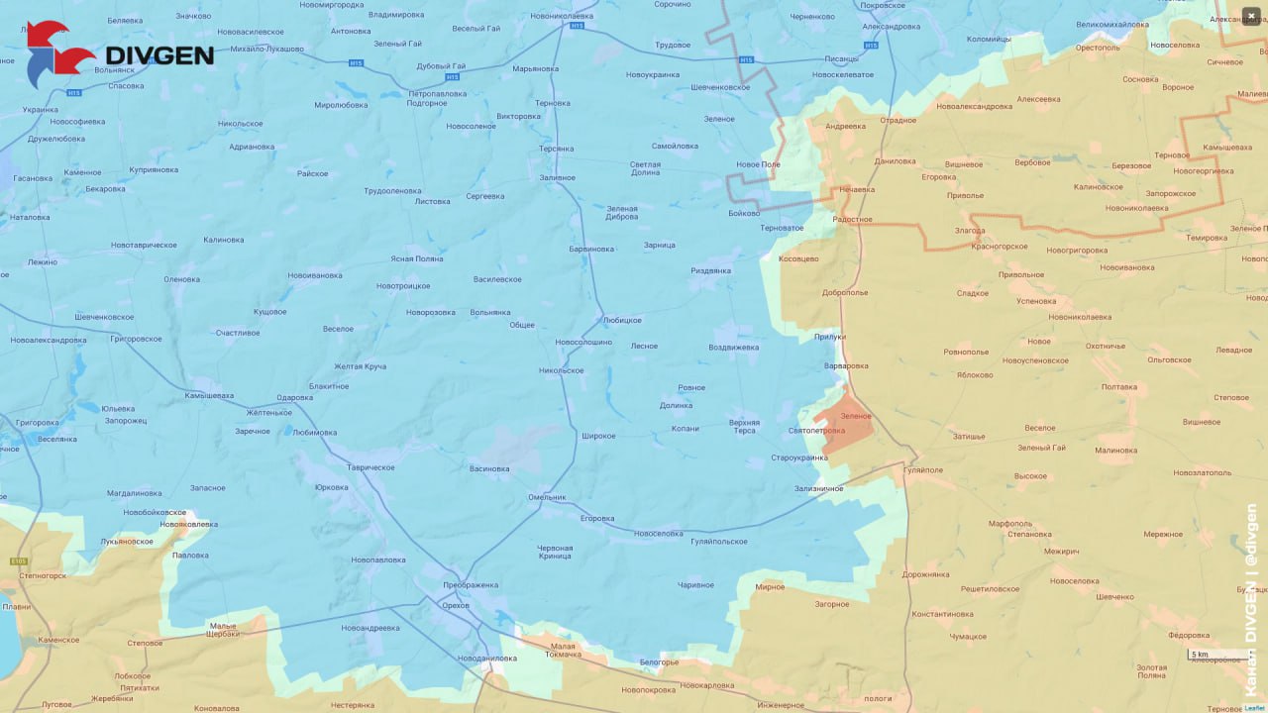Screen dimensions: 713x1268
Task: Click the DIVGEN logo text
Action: click(158, 54)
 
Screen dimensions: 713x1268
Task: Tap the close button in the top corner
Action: click(1250, 15)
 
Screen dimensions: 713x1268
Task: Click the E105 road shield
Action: click(19, 561)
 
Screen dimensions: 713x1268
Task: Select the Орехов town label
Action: click(456, 604)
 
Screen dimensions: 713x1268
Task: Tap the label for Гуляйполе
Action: click(922, 470)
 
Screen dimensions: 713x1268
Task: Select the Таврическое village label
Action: click(370, 467)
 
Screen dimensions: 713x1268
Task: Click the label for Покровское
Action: click(884, 5)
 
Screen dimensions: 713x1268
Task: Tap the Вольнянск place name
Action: click(114, 70)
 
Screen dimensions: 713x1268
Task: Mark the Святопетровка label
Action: click(816, 431)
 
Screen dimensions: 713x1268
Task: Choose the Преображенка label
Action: click(471, 584)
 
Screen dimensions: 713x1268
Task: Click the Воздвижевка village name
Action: click(734, 348)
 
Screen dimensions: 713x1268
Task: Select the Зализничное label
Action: click(818, 488)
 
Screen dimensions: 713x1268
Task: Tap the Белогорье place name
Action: click(659, 662)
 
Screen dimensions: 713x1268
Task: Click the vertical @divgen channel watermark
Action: click(1251, 604)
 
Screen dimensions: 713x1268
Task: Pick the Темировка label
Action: click(1207, 238)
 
